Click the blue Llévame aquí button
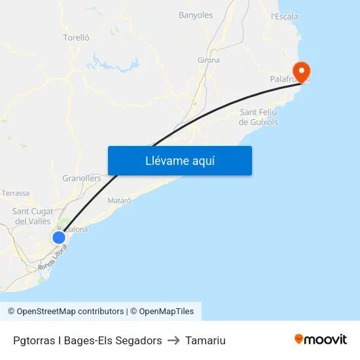tap(179, 160)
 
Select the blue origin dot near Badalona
tap(59, 238)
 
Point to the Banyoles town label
tap(196, 15)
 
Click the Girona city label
tap(208, 60)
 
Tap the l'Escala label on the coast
tap(284, 16)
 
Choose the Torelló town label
tap(76, 37)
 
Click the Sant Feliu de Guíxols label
tap(259, 117)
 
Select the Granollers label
tap(82, 178)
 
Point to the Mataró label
tap(119, 200)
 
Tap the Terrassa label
tap(16, 194)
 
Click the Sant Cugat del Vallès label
tap(33, 216)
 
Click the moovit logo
tap(321, 339)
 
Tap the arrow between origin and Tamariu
tap(173, 340)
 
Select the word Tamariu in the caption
tap(206, 340)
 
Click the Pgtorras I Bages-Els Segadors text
tap(87, 340)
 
